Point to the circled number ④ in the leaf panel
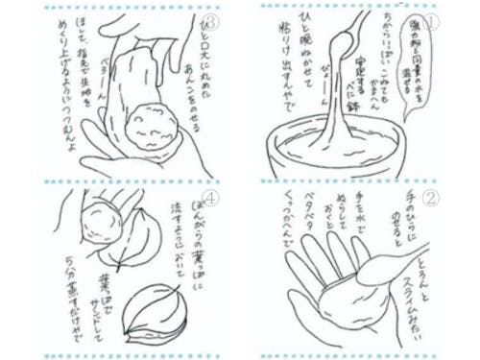click(212, 201)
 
